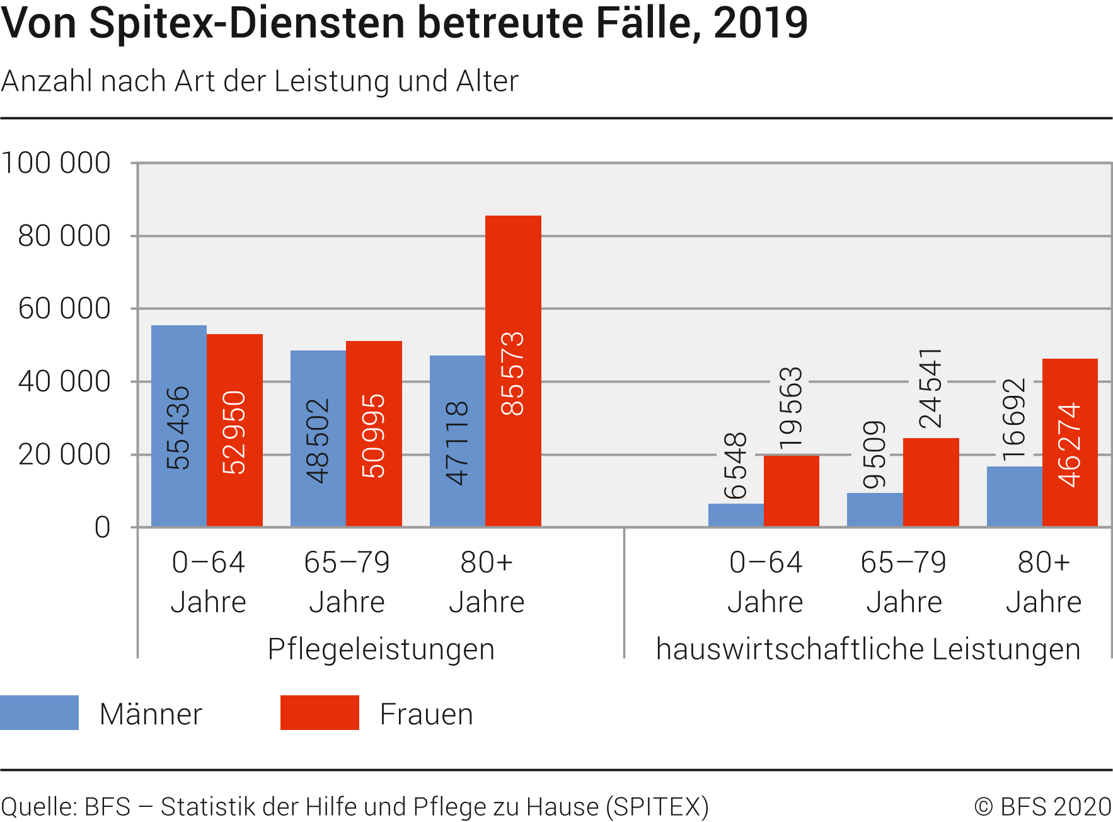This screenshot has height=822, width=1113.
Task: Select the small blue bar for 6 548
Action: point(735,515)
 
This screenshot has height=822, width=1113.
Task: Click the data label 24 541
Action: point(930,388)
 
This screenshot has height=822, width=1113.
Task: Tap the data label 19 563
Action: point(791,408)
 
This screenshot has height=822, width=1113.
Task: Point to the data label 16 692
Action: point(1014,420)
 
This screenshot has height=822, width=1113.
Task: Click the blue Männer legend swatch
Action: point(39,713)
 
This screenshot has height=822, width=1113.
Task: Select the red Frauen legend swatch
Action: point(320,713)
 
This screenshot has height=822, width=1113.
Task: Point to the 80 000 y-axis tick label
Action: point(64,236)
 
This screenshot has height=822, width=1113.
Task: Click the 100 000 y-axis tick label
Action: point(56,163)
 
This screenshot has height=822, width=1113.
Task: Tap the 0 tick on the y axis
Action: point(103,528)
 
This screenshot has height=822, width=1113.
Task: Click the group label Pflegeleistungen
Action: point(381,649)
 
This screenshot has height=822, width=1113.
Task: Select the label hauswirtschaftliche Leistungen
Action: point(868,649)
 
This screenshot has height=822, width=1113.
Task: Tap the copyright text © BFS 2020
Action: point(1042,807)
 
